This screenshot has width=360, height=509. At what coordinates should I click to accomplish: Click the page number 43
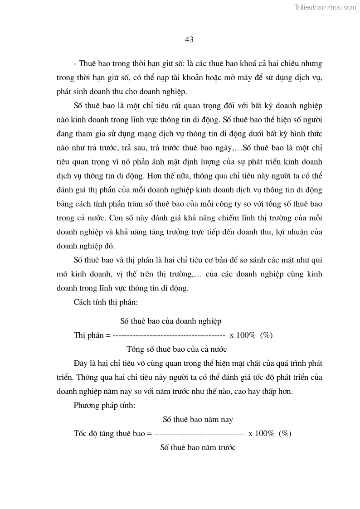(x=190, y=39)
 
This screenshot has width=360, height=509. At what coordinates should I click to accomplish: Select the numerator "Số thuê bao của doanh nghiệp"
(x=170, y=321)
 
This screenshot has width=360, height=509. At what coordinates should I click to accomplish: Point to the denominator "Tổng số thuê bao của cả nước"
(x=176, y=349)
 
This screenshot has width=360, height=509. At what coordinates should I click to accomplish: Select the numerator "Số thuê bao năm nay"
(x=198, y=419)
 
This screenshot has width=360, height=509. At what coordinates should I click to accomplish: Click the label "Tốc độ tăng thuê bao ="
(x=112, y=433)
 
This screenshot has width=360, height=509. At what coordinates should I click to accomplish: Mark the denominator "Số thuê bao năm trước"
(x=198, y=447)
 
